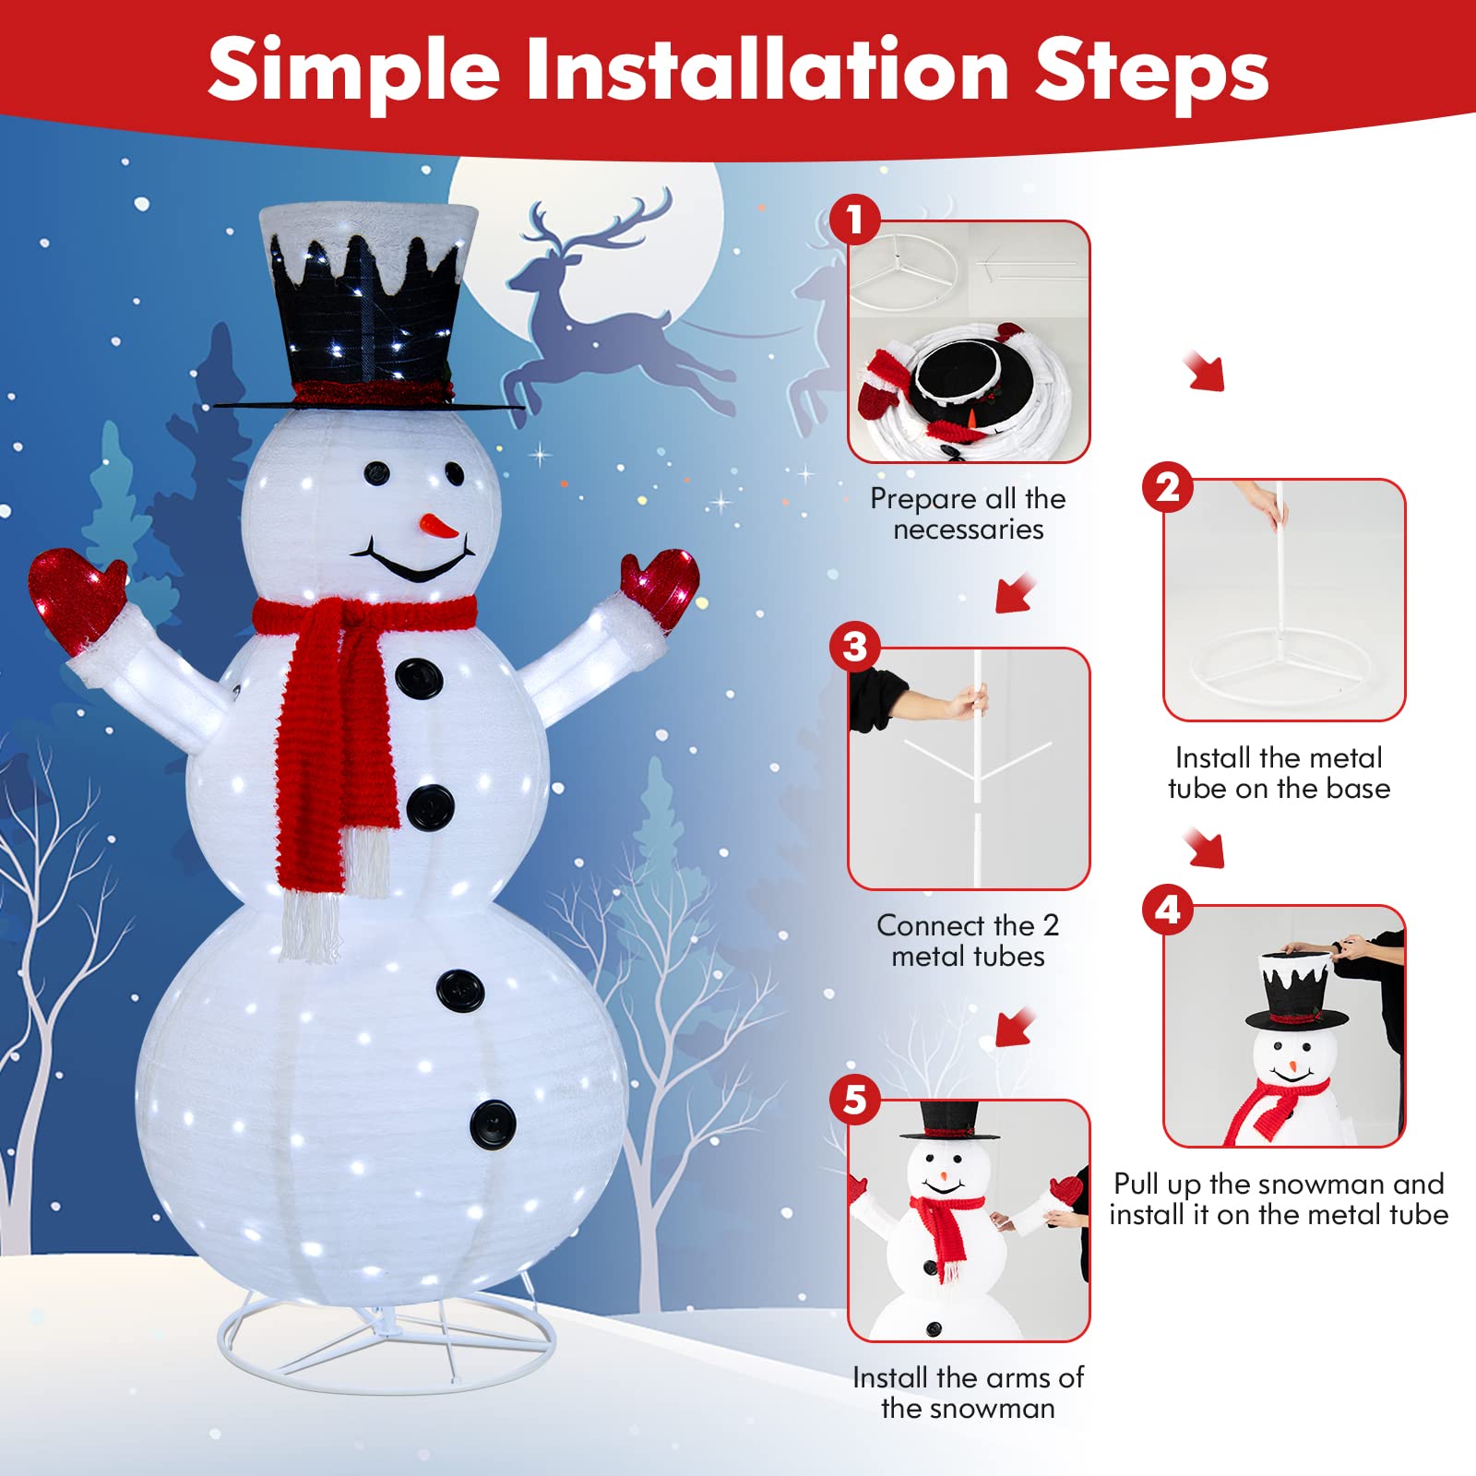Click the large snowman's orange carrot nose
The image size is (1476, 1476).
[x=438, y=527]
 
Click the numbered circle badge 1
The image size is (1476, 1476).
[x=854, y=220]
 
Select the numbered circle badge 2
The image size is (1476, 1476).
[x=1168, y=487]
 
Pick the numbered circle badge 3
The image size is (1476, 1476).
[x=854, y=647]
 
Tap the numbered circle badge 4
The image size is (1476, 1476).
[x=1168, y=911]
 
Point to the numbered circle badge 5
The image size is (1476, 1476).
[x=854, y=1100]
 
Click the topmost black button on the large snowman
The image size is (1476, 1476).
[x=419, y=678]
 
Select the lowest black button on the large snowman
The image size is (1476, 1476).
[x=493, y=1124]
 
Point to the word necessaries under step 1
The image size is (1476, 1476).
[x=968, y=530]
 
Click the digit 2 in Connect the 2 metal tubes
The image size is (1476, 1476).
[x=1050, y=924]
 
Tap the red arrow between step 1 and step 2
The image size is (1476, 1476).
[x=1205, y=371]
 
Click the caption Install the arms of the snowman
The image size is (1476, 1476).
[x=968, y=1392]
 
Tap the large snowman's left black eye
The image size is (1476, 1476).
[x=376, y=473]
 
